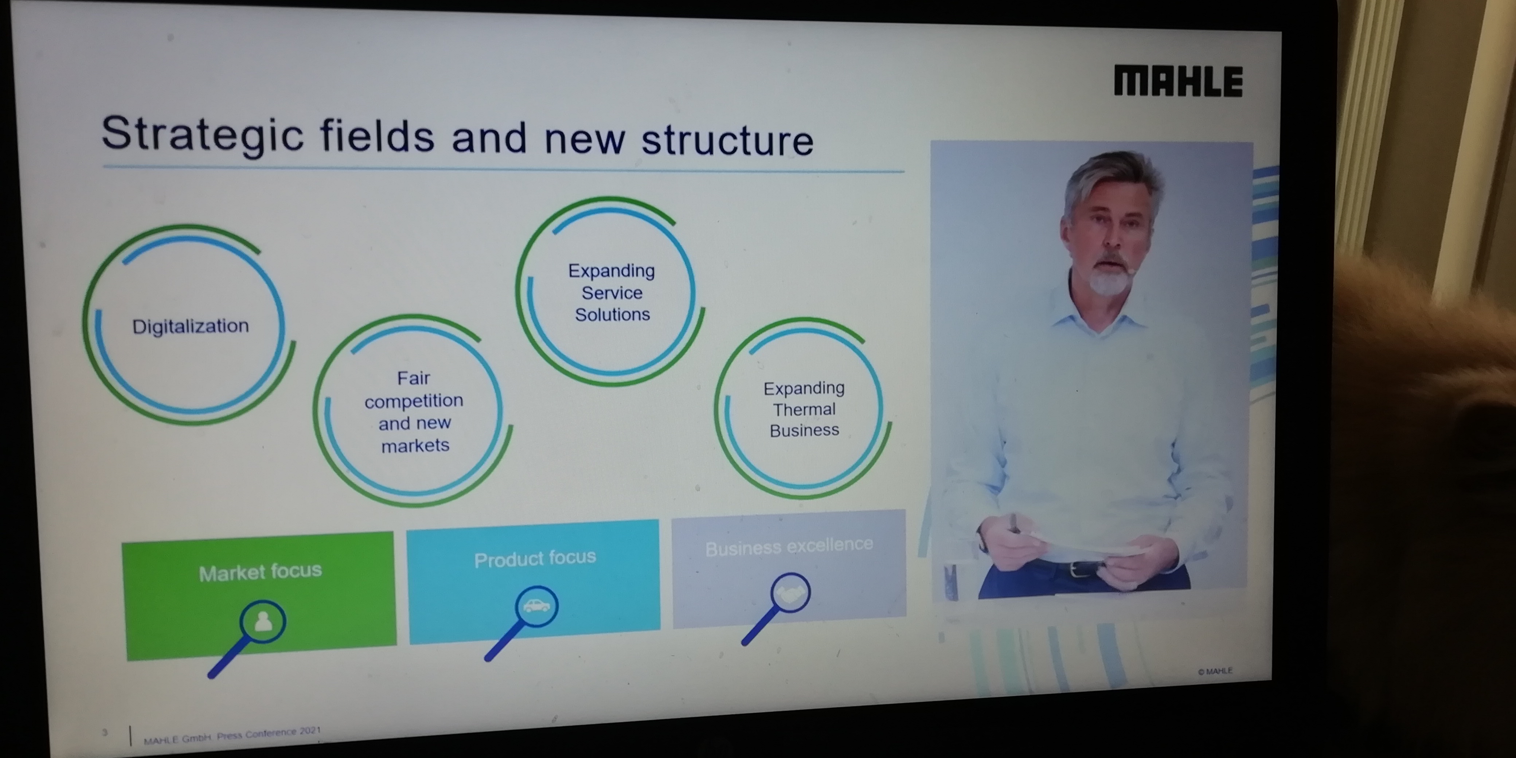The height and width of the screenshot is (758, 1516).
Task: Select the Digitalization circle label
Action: click(x=190, y=326)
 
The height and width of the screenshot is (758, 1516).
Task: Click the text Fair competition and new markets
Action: click(x=414, y=411)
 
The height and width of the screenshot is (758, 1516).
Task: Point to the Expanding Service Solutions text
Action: click(x=612, y=293)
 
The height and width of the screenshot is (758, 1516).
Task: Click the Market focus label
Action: click(x=260, y=571)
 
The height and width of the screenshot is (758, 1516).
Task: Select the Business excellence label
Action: click(x=789, y=547)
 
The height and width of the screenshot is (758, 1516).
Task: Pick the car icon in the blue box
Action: click(x=536, y=605)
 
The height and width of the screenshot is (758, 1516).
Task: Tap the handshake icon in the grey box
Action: click(x=790, y=593)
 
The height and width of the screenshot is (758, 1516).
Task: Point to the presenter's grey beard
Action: click(x=1108, y=278)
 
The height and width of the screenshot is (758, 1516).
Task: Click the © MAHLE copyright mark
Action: click(x=1215, y=671)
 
